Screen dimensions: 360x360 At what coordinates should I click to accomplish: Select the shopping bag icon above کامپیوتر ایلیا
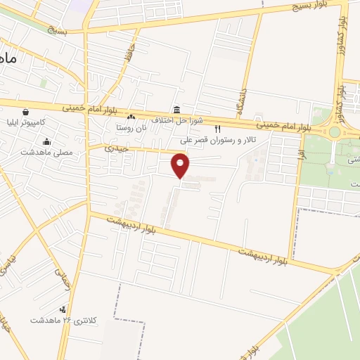(26, 111)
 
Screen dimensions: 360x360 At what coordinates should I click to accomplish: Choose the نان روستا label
(131, 128)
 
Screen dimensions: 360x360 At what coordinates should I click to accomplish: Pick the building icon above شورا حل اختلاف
(175, 110)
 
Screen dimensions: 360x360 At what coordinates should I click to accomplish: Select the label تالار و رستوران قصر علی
(219, 139)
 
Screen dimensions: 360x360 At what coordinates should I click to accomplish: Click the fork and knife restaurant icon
(217, 129)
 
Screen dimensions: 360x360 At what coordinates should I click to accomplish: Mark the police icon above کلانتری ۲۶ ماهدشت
(63, 309)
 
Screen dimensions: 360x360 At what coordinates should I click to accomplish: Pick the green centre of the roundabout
(335, 131)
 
